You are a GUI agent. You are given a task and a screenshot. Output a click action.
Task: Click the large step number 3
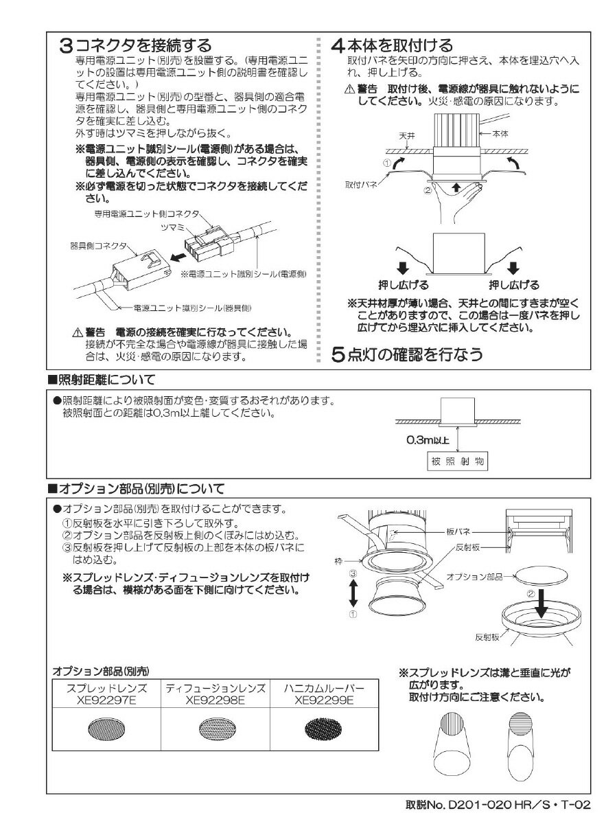click(x=66, y=46)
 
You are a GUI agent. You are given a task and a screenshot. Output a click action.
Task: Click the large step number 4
click(x=338, y=46)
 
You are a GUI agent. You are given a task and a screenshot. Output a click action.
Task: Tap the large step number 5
click(x=338, y=355)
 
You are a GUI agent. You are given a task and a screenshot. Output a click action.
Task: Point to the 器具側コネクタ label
click(x=98, y=244)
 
